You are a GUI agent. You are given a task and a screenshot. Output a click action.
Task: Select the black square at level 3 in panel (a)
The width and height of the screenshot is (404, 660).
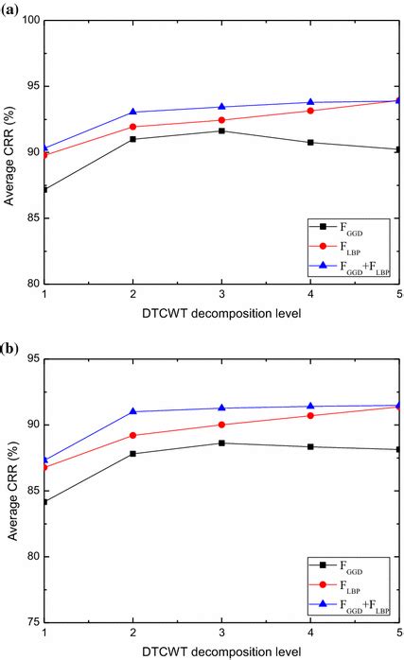(x=221, y=130)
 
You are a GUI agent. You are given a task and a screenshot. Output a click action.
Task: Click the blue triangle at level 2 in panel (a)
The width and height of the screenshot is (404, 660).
(x=132, y=112)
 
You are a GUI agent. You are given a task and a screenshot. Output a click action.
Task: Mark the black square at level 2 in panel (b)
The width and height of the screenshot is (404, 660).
(x=132, y=454)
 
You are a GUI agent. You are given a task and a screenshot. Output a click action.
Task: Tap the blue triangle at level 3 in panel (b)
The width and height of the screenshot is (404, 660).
(x=221, y=408)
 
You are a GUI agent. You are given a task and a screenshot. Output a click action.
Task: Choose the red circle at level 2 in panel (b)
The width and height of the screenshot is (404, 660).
(x=132, y=435)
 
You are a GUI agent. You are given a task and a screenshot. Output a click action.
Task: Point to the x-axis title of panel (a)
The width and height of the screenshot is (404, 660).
(x=220, y=313)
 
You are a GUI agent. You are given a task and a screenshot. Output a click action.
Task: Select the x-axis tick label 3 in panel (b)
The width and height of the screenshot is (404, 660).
(x=221, y=633)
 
